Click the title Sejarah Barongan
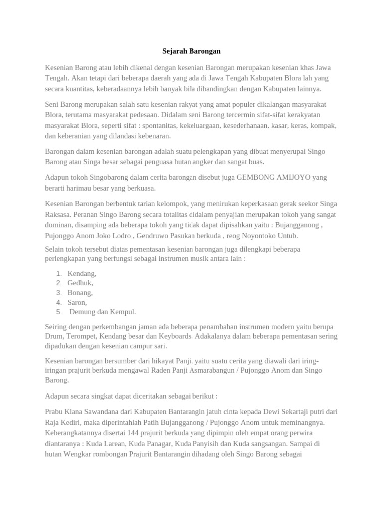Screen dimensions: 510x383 pyautogui.click(x=191, y=51)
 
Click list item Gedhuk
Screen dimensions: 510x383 pyautogui.click(x=80, y=283)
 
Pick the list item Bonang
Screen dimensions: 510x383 pyautogui.click(x=80, y=292)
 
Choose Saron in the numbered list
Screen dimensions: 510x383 pyautogui.click(x=77, y=302)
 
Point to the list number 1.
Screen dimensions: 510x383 pyautogui.click(x=58, y=273)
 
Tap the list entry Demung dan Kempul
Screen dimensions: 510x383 pyautogui.click(x=102, y=312)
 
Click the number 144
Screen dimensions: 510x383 pyautogui.click(x=133, y=432)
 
